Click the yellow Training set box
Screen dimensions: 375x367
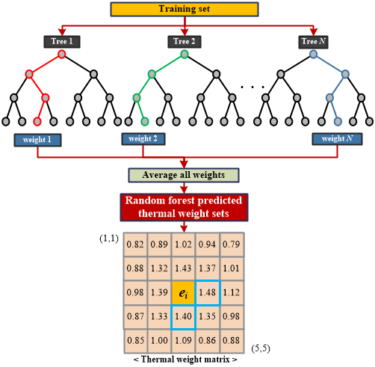pos(185,9)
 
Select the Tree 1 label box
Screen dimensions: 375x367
pos(62,42)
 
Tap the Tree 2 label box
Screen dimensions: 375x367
pos(185,42)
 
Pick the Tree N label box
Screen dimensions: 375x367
pos(313,42)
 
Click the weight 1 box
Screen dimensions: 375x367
pos(37,140)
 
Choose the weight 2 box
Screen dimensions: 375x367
pos(143,139)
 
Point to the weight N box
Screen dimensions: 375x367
pos(337,139)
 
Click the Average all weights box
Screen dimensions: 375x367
pos(184,175)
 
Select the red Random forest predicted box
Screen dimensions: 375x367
pos(184,207)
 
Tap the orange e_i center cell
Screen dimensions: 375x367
pos(183,293)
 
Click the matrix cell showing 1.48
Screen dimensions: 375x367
pos(208,292)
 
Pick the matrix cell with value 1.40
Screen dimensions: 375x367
pos(184,317)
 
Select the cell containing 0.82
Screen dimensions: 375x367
pos(135,244)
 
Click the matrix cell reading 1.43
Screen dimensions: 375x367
pos(184,268)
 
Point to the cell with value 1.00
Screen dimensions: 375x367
pos(159,341)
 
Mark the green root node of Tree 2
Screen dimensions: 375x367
pos(185,54)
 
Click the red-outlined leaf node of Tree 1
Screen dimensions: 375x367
pos(37,122)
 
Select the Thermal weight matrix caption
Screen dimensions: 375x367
pos(185,360)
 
